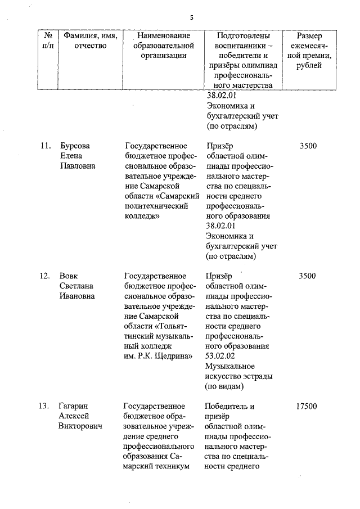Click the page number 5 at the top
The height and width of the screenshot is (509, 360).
[x=191, y=17]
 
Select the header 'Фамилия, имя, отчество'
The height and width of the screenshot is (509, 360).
[x=90, y=40]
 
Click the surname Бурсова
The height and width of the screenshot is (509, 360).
[x=74, y=146]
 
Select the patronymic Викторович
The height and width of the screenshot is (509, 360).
[x=80, y=426]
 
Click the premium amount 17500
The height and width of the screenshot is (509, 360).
[x=306, y=406]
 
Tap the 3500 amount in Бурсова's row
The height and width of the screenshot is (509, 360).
[x=308, y=146]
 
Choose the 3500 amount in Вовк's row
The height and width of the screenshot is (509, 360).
[x=308, y=276]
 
